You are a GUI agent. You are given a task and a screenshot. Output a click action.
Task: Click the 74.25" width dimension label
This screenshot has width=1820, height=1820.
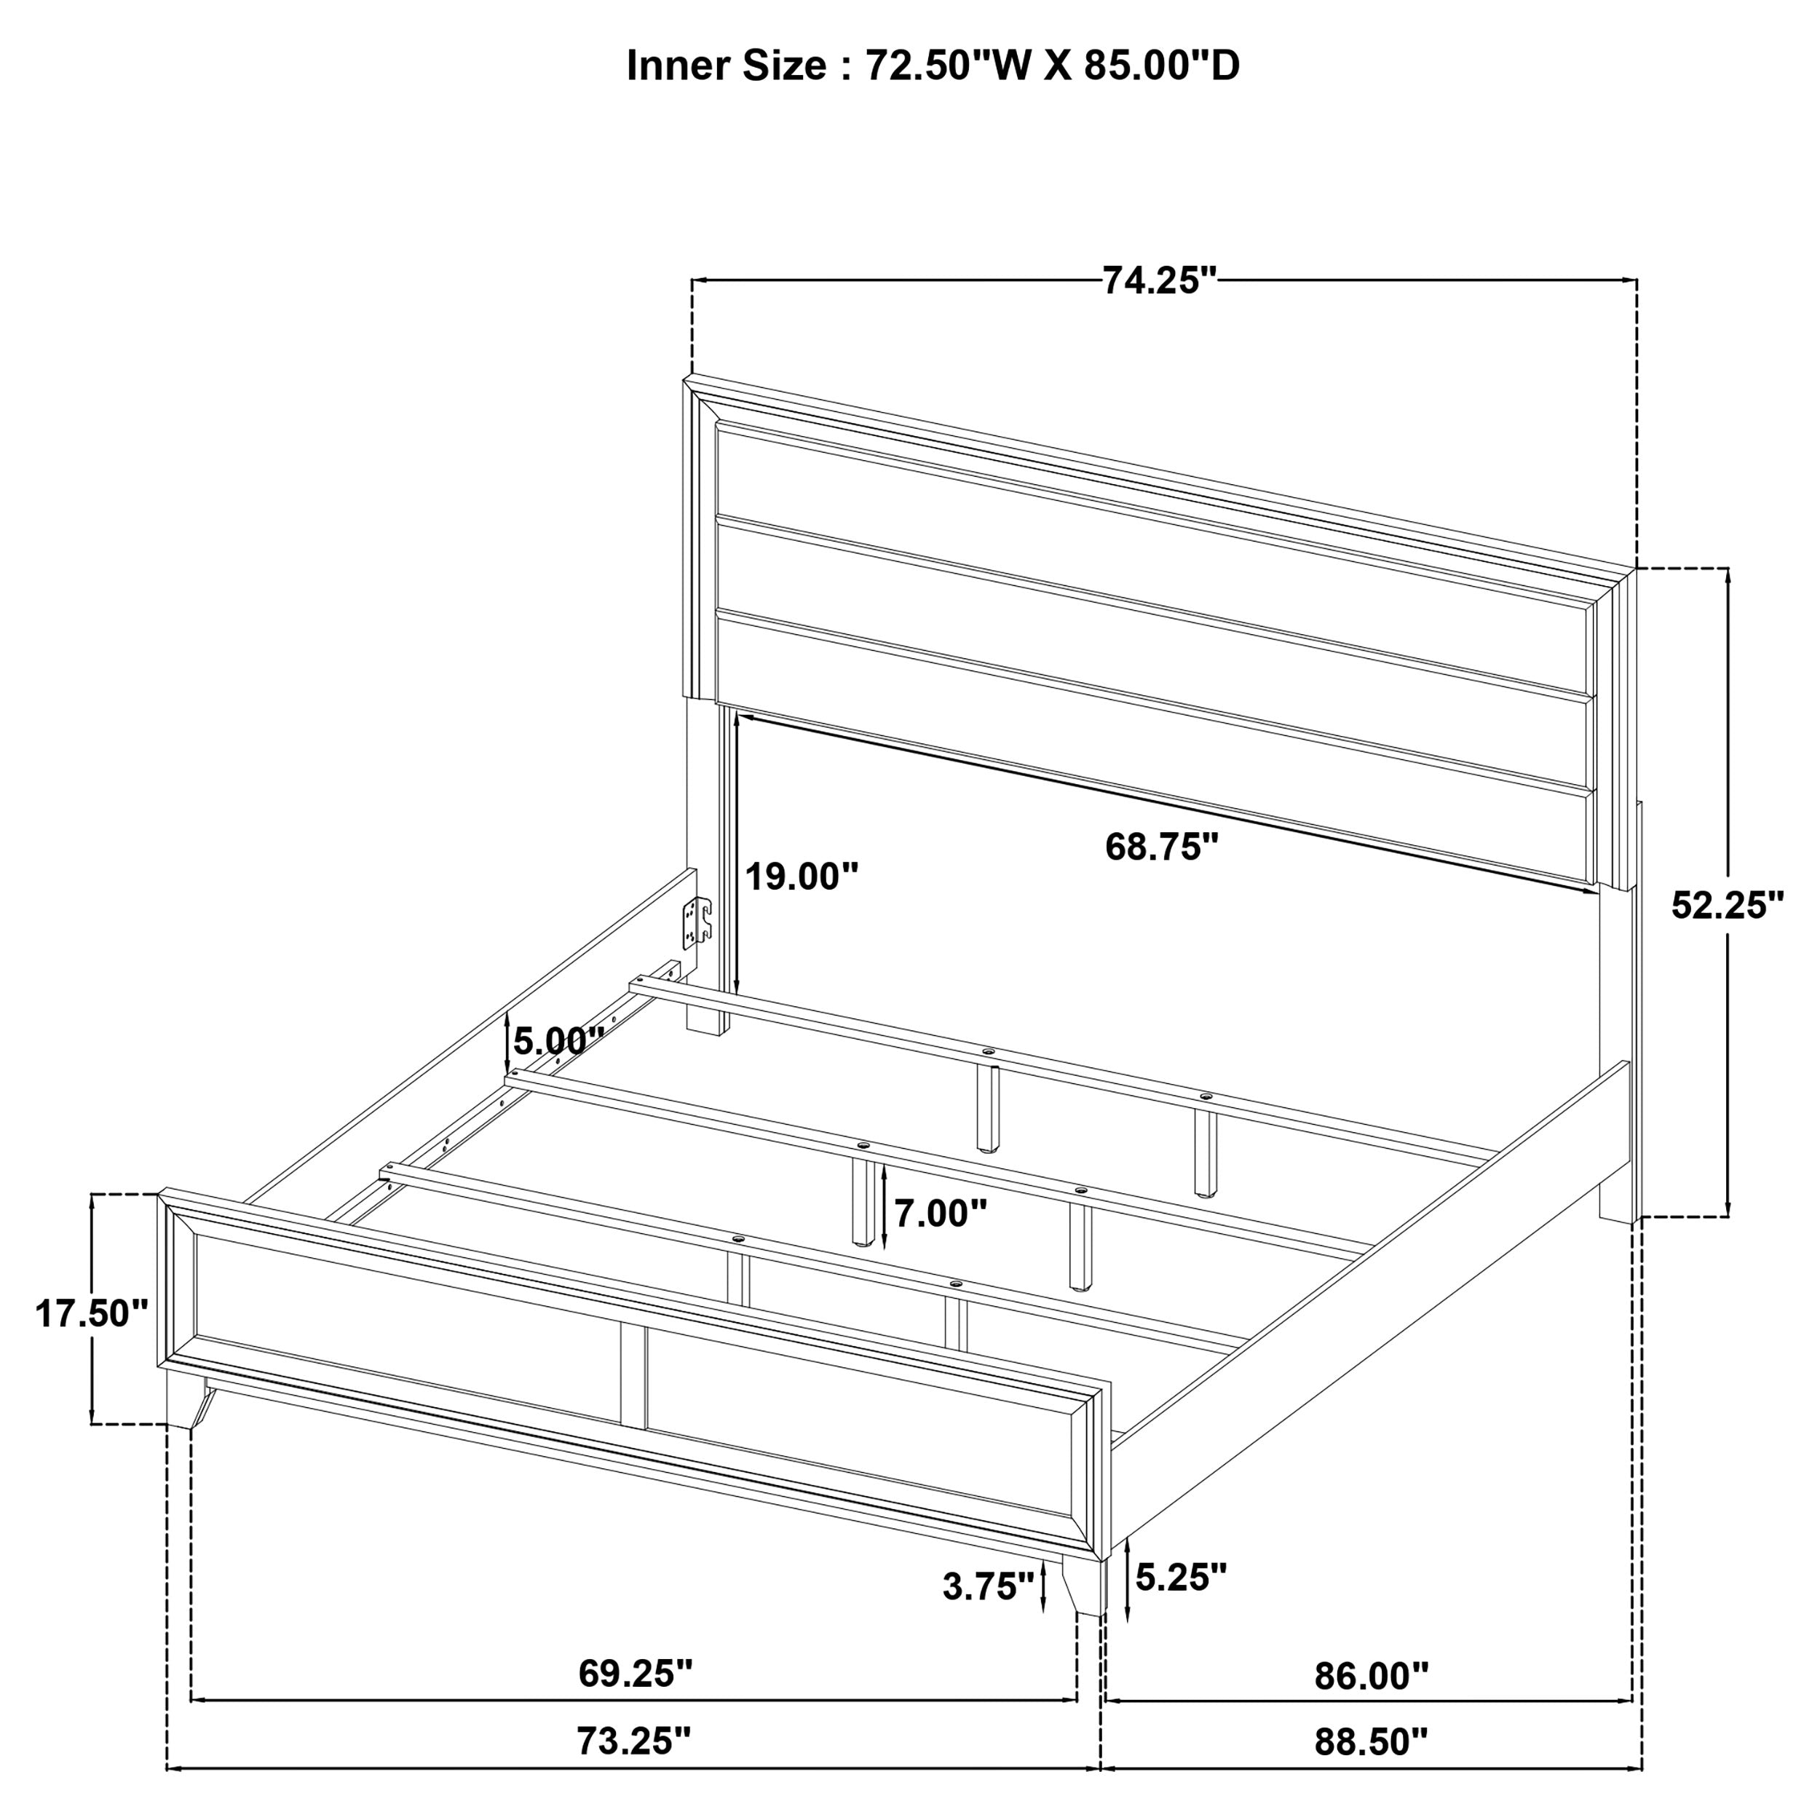pyautogui.click(x=1160, y=281)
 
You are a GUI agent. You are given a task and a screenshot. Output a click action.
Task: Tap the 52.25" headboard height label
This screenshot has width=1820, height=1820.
pyautogui.click(x=1728, y=906)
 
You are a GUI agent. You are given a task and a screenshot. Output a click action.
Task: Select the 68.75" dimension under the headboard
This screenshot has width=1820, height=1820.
pyautogui.click(x=1161, y=847)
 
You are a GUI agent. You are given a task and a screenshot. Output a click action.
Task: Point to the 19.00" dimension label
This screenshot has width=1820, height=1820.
pyautogui.click(x=802, y=877)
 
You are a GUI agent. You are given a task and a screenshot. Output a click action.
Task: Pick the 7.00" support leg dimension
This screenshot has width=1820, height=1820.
pyautogui.click(x=940, y=1214)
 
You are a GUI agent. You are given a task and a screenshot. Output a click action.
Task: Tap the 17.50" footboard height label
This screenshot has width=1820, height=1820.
pyautogui.click(x=92, y=1313)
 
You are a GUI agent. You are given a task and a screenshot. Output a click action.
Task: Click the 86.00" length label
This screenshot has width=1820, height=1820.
pyautogui.click(x=1371, y=1676)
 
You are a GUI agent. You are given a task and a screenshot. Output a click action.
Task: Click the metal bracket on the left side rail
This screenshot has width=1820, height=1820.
pyautogui.click(x=696, y=920)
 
